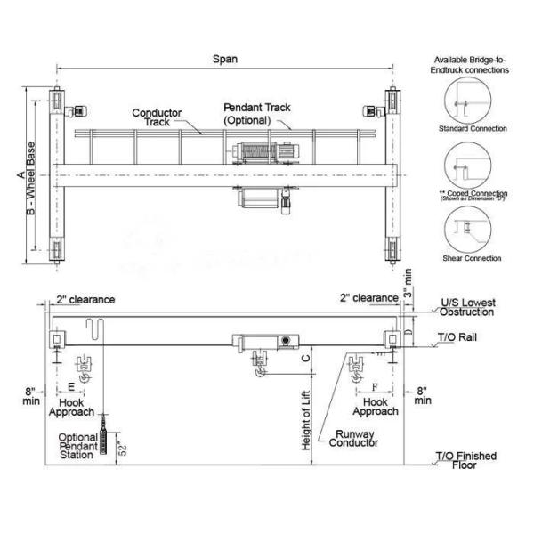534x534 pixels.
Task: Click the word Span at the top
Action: tap(224, 60)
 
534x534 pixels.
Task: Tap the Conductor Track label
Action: tap(157, 118)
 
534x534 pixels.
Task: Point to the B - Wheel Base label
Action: tap(32, 177)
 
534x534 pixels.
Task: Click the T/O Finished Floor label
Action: tap(465, 461)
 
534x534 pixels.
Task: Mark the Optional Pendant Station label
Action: tap(77, 446)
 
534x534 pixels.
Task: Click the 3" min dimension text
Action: tap(408, 281)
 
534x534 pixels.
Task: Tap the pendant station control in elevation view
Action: tap(106, 441)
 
